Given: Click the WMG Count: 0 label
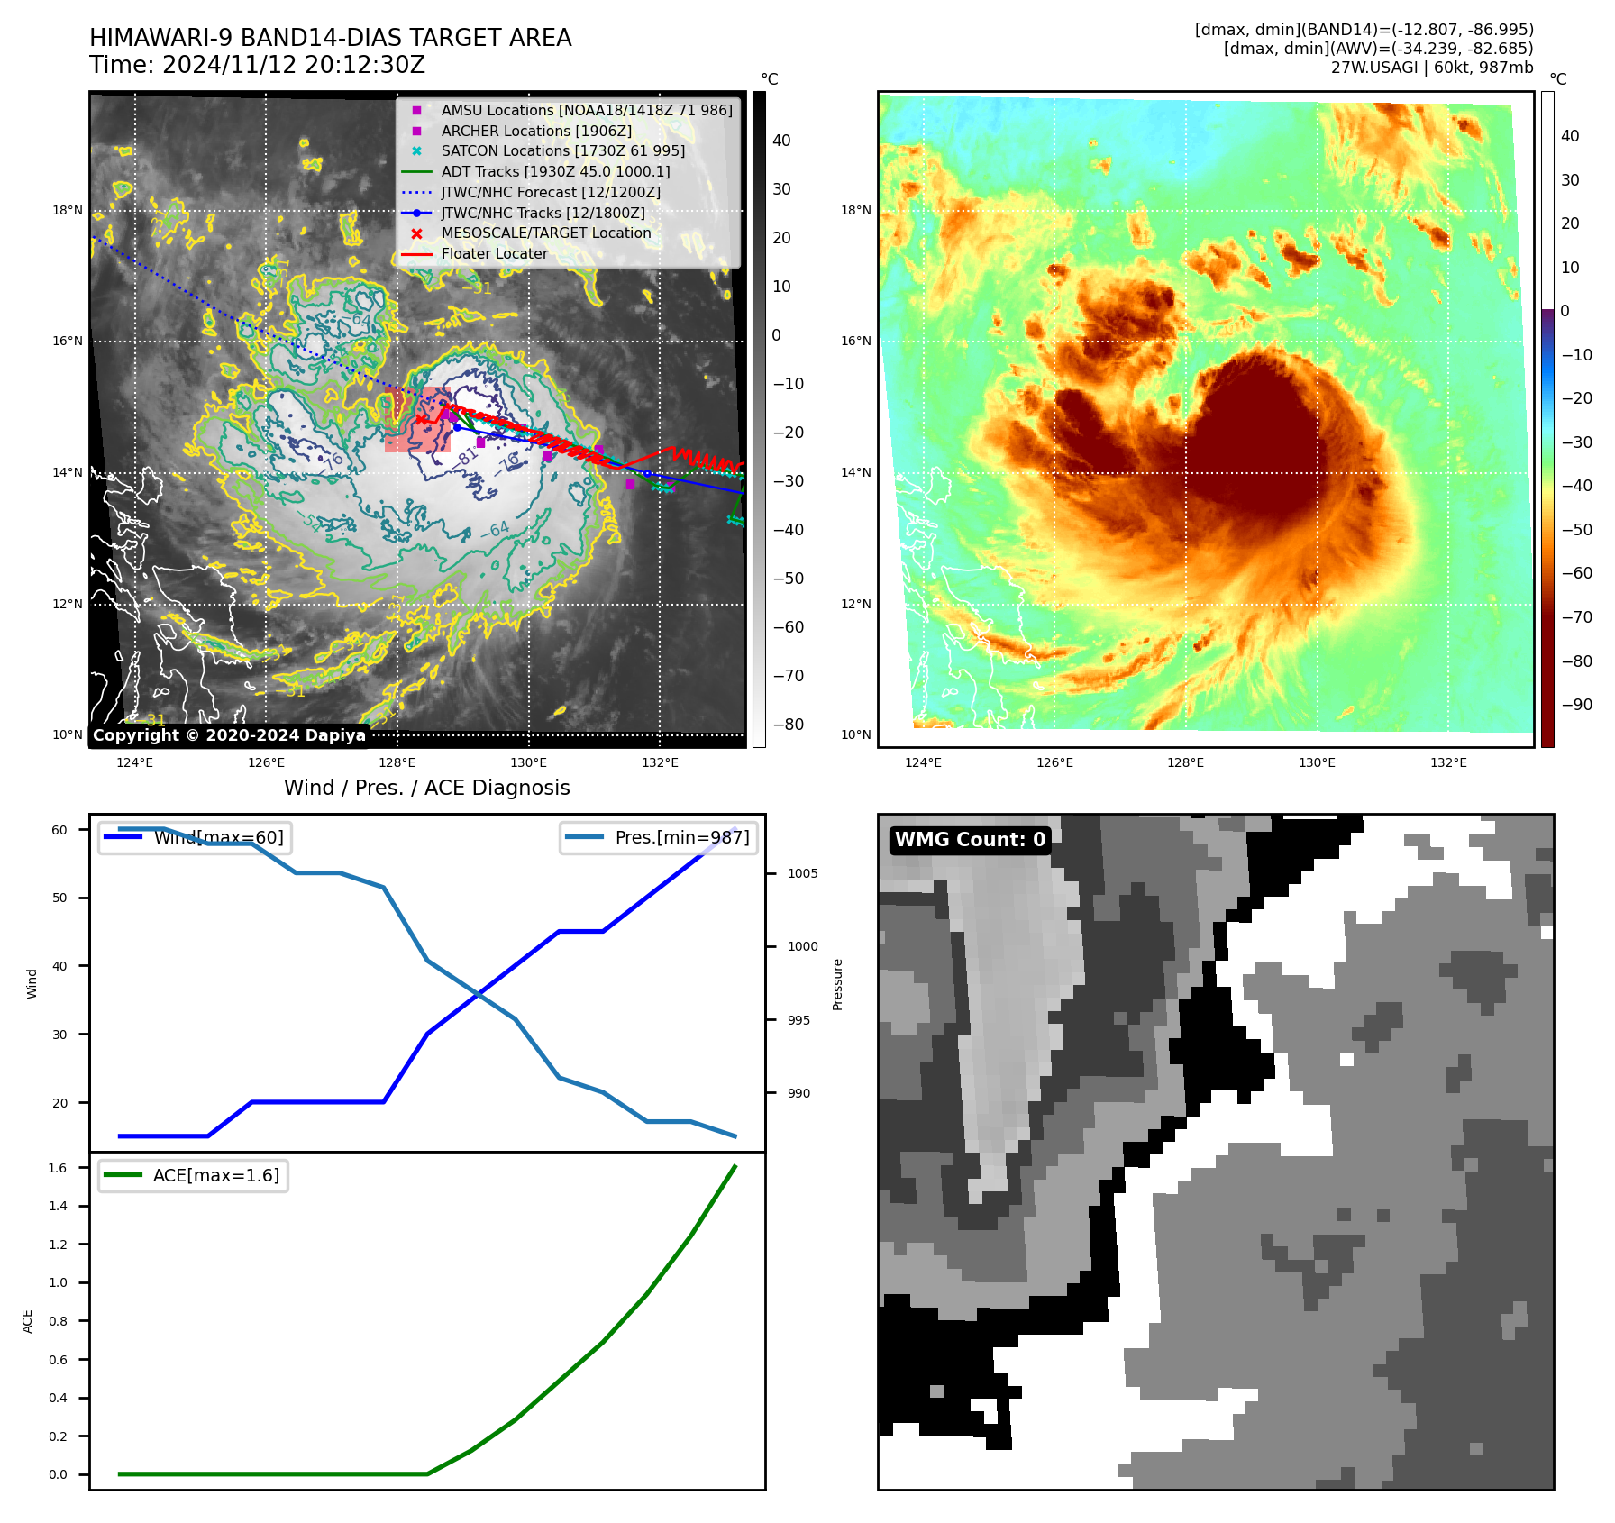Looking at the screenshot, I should click(970, 840).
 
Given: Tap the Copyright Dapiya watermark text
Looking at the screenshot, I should click(229, 735).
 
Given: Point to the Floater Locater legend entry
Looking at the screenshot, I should click(494, 254).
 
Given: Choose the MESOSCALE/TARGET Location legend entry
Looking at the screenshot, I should click(545, 233).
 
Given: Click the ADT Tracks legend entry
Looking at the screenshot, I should click(555, 171).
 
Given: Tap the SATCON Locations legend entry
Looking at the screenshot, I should click(562, 150).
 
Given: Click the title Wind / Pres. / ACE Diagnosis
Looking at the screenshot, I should click(427, 788).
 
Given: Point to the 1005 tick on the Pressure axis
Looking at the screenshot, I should click(802, 873).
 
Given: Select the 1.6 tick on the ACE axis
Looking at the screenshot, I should click(58, 1168).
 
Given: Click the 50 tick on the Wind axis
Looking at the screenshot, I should click(59, 898).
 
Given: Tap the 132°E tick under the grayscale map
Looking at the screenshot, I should click(660, 762).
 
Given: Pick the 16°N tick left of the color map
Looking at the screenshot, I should click(855, 341).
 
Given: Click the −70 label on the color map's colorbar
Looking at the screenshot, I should click(1576, 617).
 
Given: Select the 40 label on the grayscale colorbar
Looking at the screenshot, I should click(781, 141).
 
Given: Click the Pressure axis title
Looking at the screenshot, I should click(837, 984).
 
